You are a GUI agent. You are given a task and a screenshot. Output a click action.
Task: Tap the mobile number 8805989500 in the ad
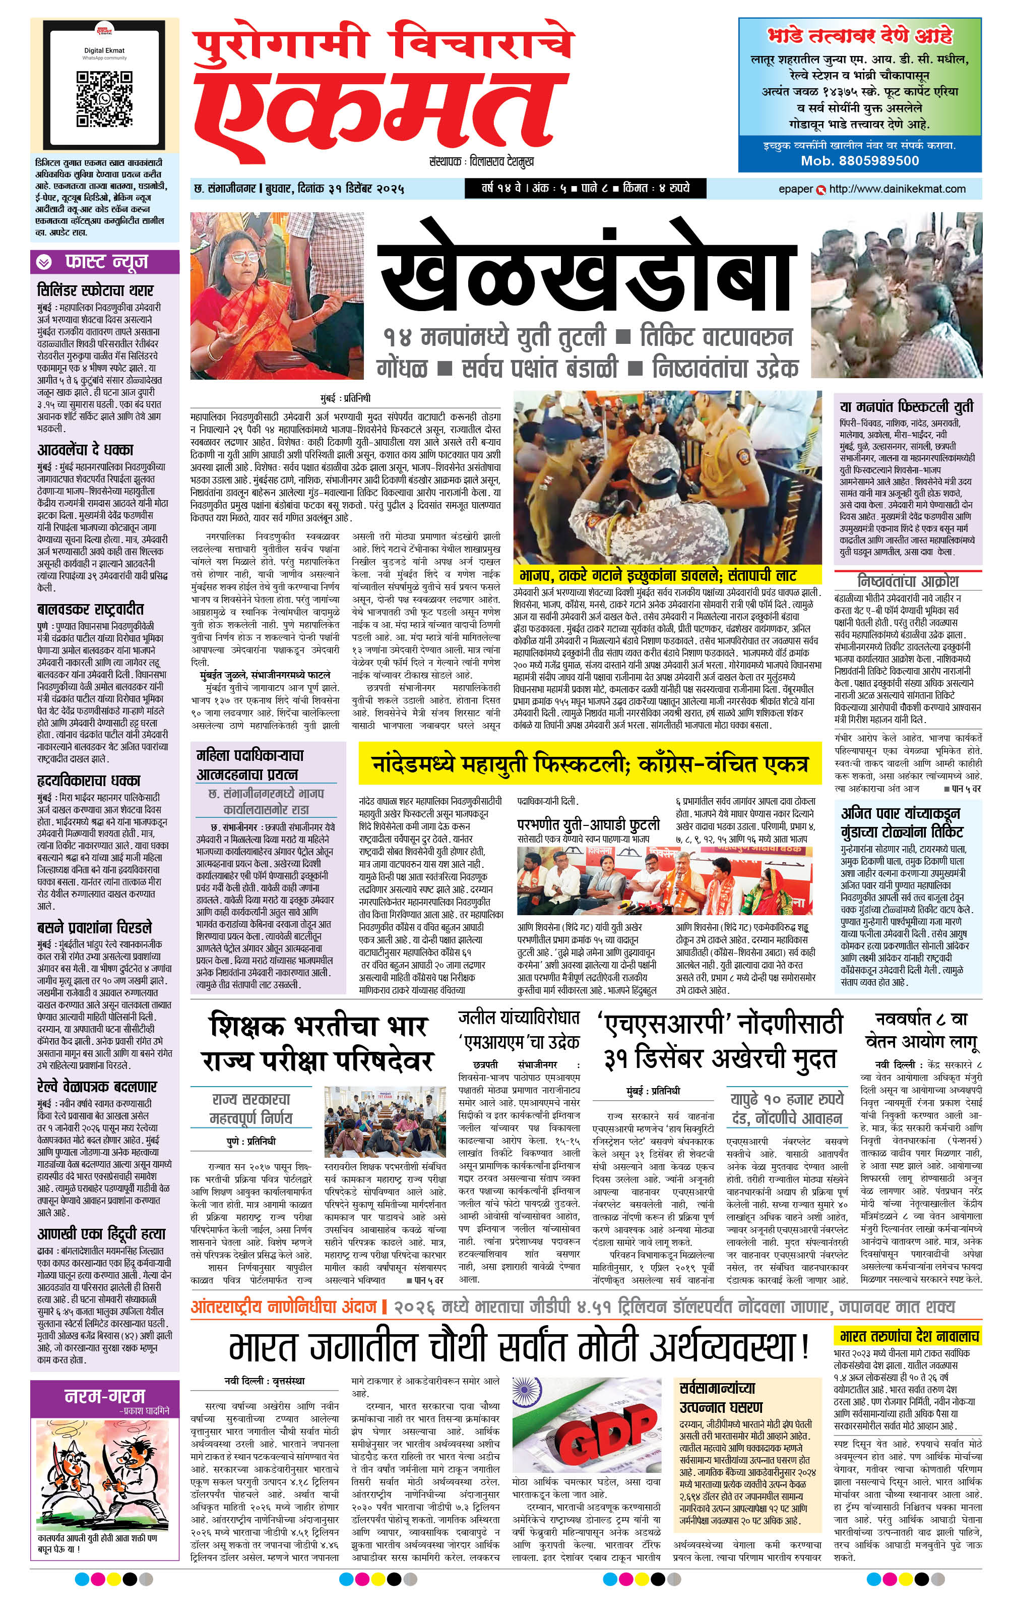[860, 160]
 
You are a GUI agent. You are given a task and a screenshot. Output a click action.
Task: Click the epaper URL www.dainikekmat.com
[897, 189]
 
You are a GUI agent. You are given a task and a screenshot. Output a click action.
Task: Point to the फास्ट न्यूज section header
[105, 262]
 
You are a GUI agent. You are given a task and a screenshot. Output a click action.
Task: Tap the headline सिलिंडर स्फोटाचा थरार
[95, 290]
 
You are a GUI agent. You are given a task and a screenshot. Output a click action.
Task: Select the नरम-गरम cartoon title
[104, 1396]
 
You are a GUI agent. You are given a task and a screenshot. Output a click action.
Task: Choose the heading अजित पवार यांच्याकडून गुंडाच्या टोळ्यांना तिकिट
[901, 822]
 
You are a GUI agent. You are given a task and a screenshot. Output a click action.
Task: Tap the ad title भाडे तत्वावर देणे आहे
[860, 35]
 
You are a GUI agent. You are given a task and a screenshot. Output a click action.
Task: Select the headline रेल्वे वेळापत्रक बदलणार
[97, 1087]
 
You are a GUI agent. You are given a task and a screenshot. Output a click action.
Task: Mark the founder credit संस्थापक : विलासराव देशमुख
[481, 161]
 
